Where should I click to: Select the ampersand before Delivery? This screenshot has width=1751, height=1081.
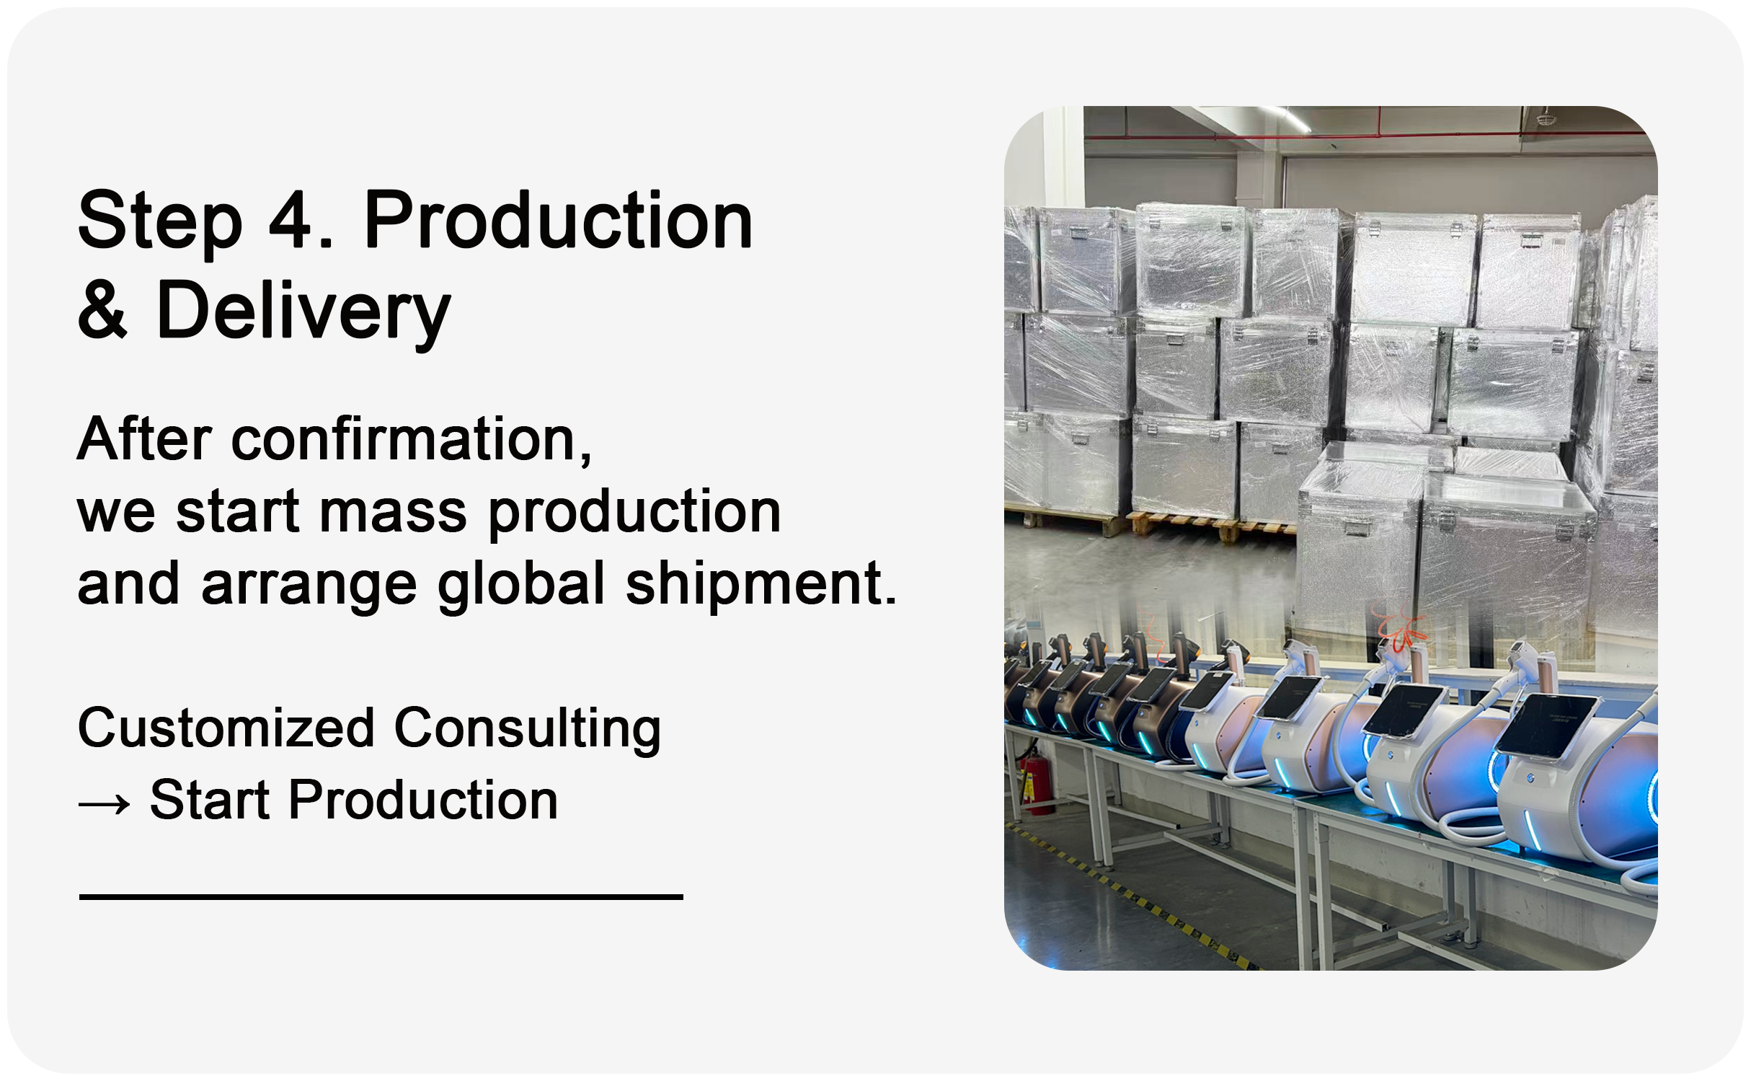[102, 309]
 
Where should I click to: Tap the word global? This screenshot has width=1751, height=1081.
[521, 585]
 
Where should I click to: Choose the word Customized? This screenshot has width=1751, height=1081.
[226, 728]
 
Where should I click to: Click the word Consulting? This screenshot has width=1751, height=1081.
[528, 731]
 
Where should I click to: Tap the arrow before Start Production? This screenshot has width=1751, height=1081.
[105, 803]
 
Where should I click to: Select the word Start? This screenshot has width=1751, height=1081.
[210, 800]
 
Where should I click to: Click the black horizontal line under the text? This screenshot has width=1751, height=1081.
[381, 897]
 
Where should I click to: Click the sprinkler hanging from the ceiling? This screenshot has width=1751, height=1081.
[1543, 115]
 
